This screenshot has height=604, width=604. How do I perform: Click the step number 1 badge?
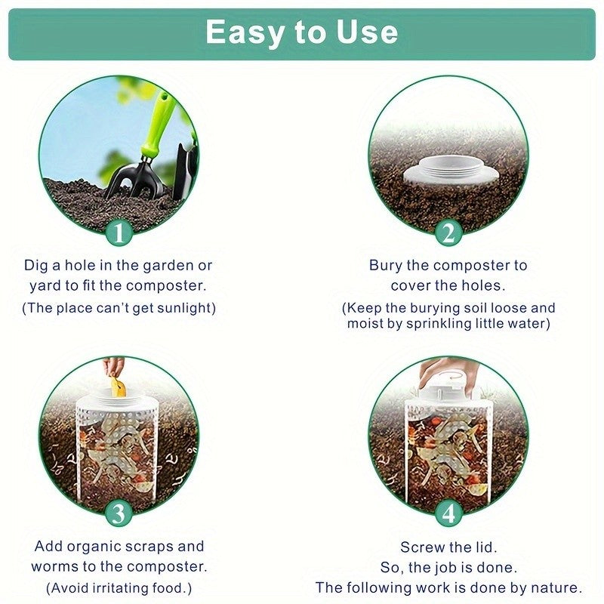click(x=119, y=233)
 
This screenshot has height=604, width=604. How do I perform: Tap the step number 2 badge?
click(x=448, y=233)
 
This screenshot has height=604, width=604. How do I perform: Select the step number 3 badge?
click(x=119, y=514)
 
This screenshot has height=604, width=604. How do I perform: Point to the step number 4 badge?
click(x=448, y=514)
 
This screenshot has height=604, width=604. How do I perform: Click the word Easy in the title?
click(x=243, y=32)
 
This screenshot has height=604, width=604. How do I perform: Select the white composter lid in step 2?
click(x=449, y=171)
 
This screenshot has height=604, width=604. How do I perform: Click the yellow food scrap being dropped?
click(x=117, y=387)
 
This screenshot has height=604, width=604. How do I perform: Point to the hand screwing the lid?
click(x=448, y=371)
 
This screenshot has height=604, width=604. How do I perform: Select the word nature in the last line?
click(x=554, y=587)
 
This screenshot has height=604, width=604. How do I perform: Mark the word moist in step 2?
click(x=366, y=323)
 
